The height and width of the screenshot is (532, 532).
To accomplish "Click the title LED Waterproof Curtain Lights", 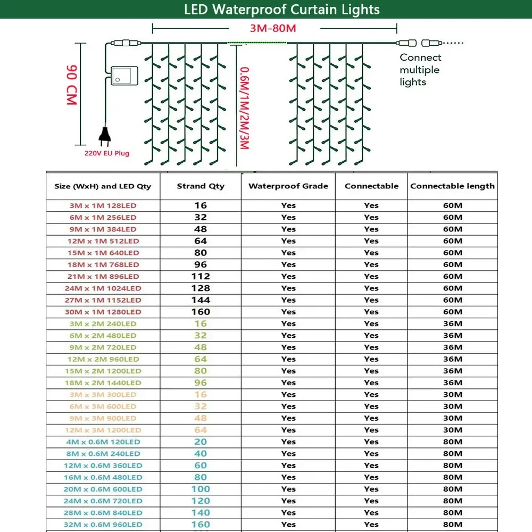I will coord(282,9).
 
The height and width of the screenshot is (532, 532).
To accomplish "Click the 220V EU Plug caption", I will coord(106,154).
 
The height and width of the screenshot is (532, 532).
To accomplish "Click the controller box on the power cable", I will coord(124,76).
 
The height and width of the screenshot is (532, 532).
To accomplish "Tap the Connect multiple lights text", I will coord(420,70).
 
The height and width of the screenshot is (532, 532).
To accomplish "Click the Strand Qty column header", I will coord(201,186).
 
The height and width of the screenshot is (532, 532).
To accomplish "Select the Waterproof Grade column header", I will coord(288,186).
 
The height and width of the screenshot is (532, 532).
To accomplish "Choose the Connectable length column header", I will coord(452,186).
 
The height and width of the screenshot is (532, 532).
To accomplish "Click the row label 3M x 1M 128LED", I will coord(103,205).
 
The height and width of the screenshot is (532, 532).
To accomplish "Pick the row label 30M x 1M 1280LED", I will coord(103,312).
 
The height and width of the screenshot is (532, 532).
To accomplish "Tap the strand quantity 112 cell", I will coord(201,276).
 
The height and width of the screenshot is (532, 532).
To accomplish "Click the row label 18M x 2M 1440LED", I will coord(103,383).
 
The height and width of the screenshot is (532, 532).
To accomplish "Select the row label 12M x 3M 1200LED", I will coord(103,430).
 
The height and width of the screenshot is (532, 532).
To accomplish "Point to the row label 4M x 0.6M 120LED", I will coord(103,442).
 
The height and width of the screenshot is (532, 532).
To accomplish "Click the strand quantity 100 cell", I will coord(201,489).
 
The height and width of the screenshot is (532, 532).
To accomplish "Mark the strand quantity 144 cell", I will coord(201,300).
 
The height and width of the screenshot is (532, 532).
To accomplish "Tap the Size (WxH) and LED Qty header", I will coord(103,186).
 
